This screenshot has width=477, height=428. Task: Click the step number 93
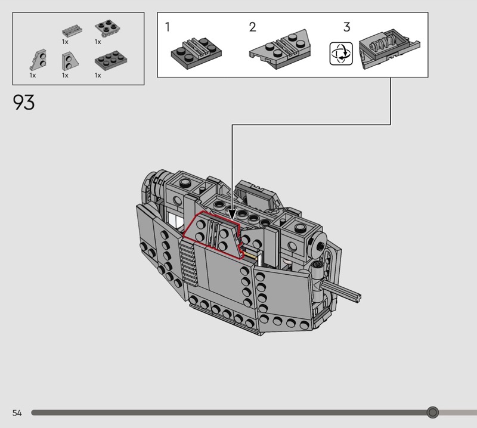pyautogui.click(x=23, y=102)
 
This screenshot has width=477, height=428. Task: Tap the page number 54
pyautogui.click(x=17, y=413)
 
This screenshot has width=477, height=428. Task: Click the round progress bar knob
pyautogui.click(x=432, y=413)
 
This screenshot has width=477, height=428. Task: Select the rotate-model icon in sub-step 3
pyautogui.click(x=341, y=54)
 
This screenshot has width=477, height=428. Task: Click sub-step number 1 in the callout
pyautogui.click(x=168, y=27)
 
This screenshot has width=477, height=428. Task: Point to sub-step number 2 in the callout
pyautogui.click(x=252, y=27)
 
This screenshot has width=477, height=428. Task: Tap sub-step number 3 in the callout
pyautogui.click(x=347, y=27)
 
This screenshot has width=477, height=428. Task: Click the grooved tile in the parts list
pyautogui.click(x=72, y=31)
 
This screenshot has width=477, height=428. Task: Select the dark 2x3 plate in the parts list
pyautogui.click(x=111, y=60)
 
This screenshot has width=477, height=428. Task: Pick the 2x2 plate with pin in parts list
pyautogui.click(x=107, y=28)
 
